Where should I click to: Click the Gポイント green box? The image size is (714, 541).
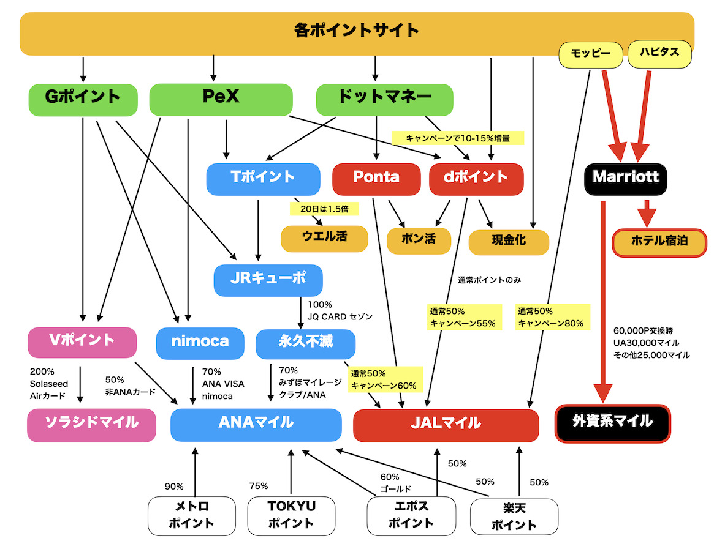(x=83, y=100)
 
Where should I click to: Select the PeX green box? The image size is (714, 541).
(x=221, y=100)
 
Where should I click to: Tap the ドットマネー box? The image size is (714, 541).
(x=384, y=100)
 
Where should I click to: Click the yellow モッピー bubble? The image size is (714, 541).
(x=591, y=54)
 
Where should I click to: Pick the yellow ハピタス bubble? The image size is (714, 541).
(x=659, y=54)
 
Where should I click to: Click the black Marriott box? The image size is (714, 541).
(x=625, y=179)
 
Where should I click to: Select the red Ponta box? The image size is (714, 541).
(x=376, y=179)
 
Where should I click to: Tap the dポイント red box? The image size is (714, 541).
(x=476, y=179)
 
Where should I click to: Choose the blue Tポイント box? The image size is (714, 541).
(x=263, y=179)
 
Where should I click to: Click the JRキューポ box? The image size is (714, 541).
(x=268, y=280)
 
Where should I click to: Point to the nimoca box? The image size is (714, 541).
(x=200, y=343)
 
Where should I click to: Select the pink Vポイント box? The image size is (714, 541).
(x=82, y=342)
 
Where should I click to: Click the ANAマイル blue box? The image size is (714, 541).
(x=256, y=425)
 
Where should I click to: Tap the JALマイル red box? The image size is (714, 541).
(x=446, y=425)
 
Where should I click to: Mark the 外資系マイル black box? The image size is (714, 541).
(x=612, y=423)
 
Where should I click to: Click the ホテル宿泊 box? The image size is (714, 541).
(x=659, y=243)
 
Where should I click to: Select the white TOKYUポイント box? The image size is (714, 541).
(x=292, y=515)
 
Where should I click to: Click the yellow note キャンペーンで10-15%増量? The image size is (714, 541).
(x=458, y=138)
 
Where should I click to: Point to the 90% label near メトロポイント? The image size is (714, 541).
(x=174, y=487)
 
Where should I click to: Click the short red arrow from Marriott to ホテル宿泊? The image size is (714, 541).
(x=647, y=214)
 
